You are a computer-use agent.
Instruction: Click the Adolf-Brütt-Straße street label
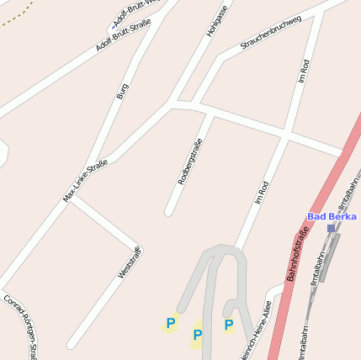pyautogui.click(x=123, y=34)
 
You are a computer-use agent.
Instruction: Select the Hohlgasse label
pyautogui.click(x=217, y=21)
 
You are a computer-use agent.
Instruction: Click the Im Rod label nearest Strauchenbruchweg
pyautogui.click(x=305, y=70)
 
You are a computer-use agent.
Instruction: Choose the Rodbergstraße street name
pyautogui.click(x=190, y=161)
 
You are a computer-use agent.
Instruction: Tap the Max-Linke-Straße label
pyautogui.click(x=85, y=180)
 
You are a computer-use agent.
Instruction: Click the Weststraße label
pyautogui.click(x=130, y=262)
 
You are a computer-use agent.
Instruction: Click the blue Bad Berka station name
pyautogui.click(x=332, y=216)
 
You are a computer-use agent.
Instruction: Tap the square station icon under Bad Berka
pyautogui.click(x=331, y=227)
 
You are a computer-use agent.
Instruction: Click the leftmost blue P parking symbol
pyautogui.click(x=171, y=322)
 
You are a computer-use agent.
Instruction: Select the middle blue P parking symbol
pyautogui.click(x=198, y=336)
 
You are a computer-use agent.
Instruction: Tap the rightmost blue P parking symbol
pyautogui.click(x=228, y=324)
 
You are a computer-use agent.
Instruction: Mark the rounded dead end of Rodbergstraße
pyautogui.click(x=169, y=210)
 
